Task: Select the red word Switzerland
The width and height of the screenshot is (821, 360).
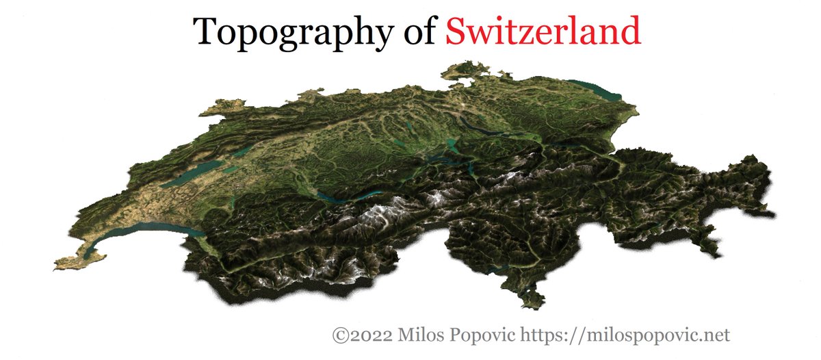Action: click(543, 31)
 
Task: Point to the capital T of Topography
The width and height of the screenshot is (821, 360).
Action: click(205, 31)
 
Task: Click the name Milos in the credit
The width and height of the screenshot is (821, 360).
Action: click(419, 335)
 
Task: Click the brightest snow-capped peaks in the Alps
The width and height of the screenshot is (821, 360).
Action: click(373, 219)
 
